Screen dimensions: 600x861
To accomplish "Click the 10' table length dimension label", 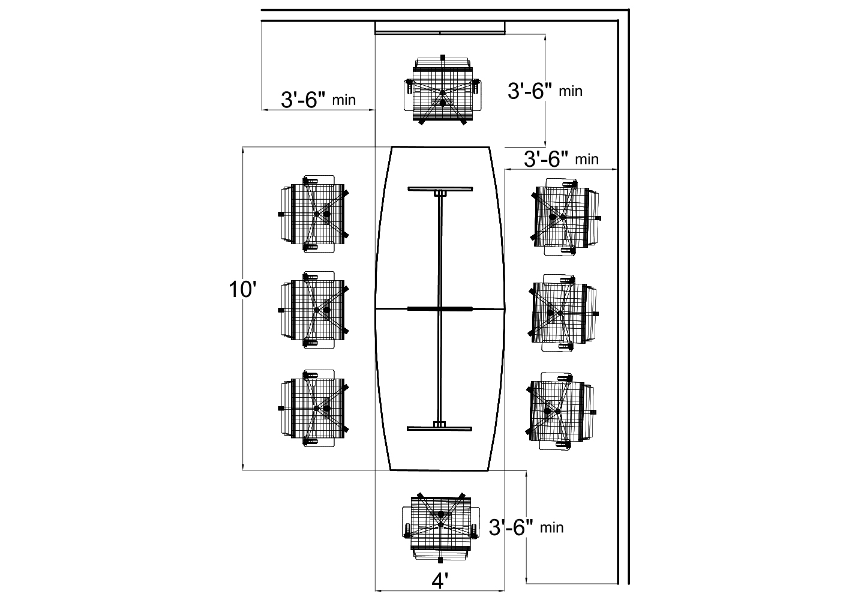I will [x=243, y=290].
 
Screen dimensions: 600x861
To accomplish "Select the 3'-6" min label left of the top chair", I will [x=318, y=100].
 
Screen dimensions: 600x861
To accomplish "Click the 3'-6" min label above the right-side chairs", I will [x=561, y=159].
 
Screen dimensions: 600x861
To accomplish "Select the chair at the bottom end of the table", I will [x=440, y=525].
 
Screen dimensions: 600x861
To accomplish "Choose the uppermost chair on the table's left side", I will [x=314, y=214].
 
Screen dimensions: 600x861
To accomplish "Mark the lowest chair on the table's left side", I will [x=314, y=408].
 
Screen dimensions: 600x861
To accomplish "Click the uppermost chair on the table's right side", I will [x=564, y=217].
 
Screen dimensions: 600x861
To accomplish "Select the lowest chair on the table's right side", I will [x=561, y=411].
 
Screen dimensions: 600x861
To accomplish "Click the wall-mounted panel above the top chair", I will [x=440, y=28].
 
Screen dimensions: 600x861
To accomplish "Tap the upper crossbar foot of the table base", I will [x=440, y=189].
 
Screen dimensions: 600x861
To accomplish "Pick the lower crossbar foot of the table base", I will [x=440, y=428].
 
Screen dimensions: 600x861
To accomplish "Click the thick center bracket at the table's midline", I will [x=440, y=308].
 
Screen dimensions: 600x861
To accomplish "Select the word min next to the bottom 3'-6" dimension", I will [x=552, y=528].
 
